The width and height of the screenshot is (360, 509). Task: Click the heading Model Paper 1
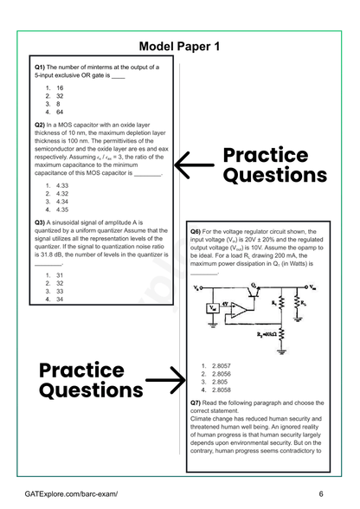click(180, 46)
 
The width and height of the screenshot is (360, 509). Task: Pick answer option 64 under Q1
click(60, 112)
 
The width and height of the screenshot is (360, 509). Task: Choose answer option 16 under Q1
click(60, 88)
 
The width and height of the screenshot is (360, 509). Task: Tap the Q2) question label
click(40, 125)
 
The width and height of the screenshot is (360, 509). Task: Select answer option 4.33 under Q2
click(62, 186)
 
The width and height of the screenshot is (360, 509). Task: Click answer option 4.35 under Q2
click(62, 209)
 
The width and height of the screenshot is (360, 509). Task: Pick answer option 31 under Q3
click(60, 275)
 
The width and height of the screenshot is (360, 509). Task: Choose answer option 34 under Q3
click(60, 299)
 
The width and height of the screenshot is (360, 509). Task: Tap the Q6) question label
click(196, 232)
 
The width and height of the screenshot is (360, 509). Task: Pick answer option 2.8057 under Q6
click(222, 366)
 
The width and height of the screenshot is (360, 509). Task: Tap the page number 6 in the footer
click(321, 493)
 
